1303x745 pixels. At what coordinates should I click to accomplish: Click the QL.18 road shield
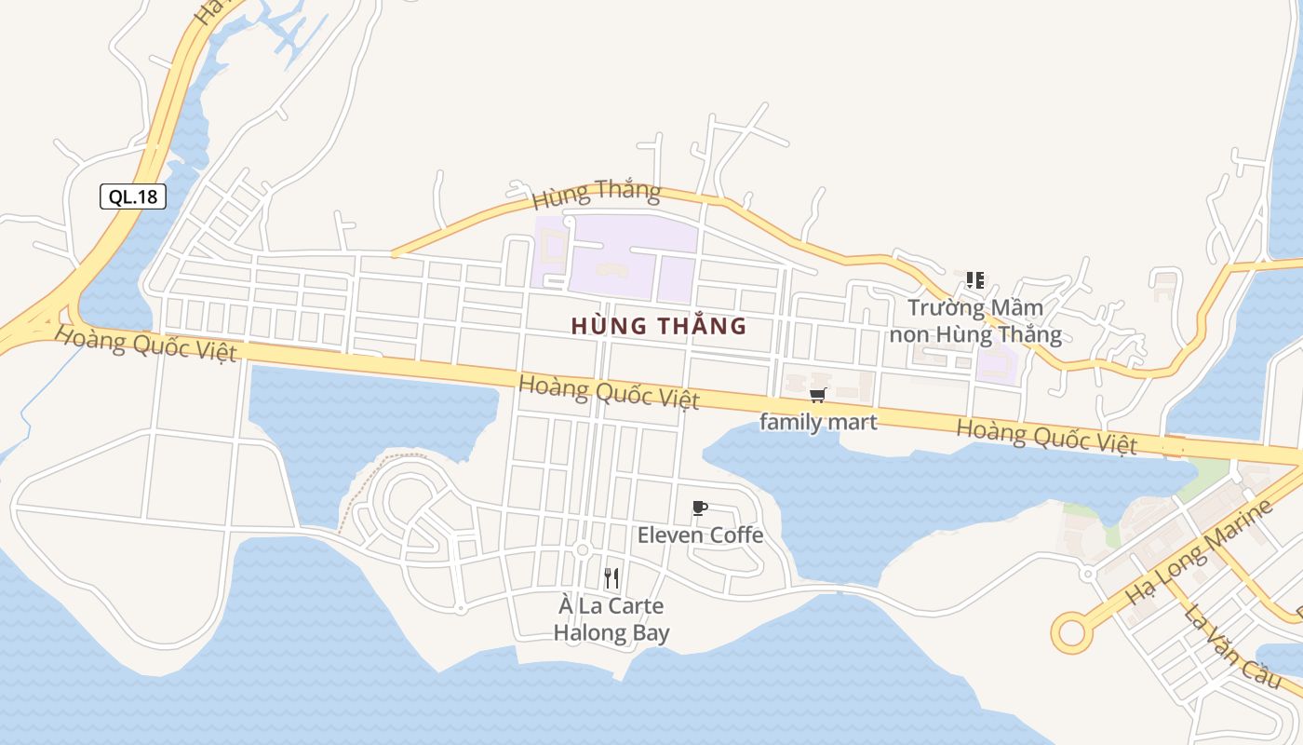click(133, 196)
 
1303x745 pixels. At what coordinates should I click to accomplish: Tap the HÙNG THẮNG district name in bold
click(659, 326)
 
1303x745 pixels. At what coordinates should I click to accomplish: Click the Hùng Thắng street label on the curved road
click(597, 194)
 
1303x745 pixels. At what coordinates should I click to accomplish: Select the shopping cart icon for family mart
click(817, 396)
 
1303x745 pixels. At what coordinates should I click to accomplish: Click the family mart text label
click(818, 422)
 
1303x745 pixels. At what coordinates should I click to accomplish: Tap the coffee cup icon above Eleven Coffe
click(700, 508)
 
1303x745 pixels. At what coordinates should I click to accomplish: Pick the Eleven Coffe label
click(700, 535)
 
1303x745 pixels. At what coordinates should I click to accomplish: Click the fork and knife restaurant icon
click(611, 578)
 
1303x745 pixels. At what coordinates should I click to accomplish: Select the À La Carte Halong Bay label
click(611, 620)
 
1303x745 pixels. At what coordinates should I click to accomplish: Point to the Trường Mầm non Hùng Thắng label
click(975, 320)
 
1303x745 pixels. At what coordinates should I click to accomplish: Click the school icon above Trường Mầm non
click(974, 279)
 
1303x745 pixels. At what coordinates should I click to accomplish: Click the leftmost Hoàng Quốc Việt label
click(145, 343)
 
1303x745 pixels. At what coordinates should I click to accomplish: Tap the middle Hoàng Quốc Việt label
click(609, 391)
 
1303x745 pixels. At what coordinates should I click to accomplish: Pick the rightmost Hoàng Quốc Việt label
click(1047, 436)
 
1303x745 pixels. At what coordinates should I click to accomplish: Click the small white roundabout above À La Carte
click(583, 550)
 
